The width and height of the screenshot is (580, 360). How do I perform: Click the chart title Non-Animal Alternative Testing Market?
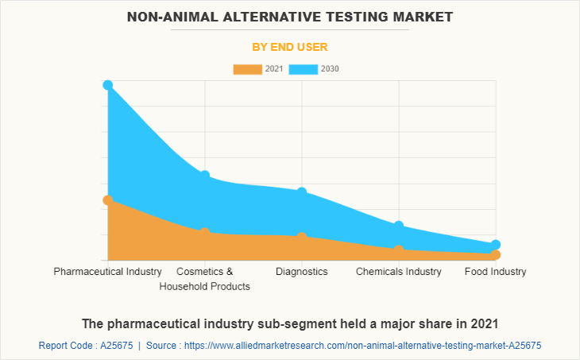tap(290, 16)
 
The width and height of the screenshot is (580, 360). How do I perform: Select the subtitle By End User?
tap(290, 47)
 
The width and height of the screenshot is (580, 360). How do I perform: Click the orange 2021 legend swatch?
tap(248, 69)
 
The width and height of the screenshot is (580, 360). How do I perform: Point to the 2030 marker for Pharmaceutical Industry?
tap(108, 85)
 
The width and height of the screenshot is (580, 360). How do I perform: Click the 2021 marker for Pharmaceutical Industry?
tap(108, 200)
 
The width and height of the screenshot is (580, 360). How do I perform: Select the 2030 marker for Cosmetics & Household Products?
tap(205, 176)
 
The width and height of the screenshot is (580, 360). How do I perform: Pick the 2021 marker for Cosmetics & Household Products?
tap(205, 232)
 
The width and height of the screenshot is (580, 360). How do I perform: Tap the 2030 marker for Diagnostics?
tap(302, 192)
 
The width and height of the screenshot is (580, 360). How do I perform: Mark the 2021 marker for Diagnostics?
tap(302, 237)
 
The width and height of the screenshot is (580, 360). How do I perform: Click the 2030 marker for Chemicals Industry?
tap(399, 226)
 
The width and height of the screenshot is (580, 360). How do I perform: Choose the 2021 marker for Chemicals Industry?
tap(399, 250)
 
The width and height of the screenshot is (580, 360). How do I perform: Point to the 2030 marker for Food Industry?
tap(496, 245)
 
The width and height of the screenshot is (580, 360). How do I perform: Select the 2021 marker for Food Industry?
tap(496, 255)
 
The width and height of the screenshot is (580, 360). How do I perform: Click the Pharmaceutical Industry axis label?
tap(108, 272)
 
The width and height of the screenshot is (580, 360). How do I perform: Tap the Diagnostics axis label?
tap(302, 272)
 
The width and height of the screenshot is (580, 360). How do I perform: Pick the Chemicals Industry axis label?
tap(399, 272)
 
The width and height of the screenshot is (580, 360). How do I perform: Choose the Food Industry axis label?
tap(496, 272)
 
